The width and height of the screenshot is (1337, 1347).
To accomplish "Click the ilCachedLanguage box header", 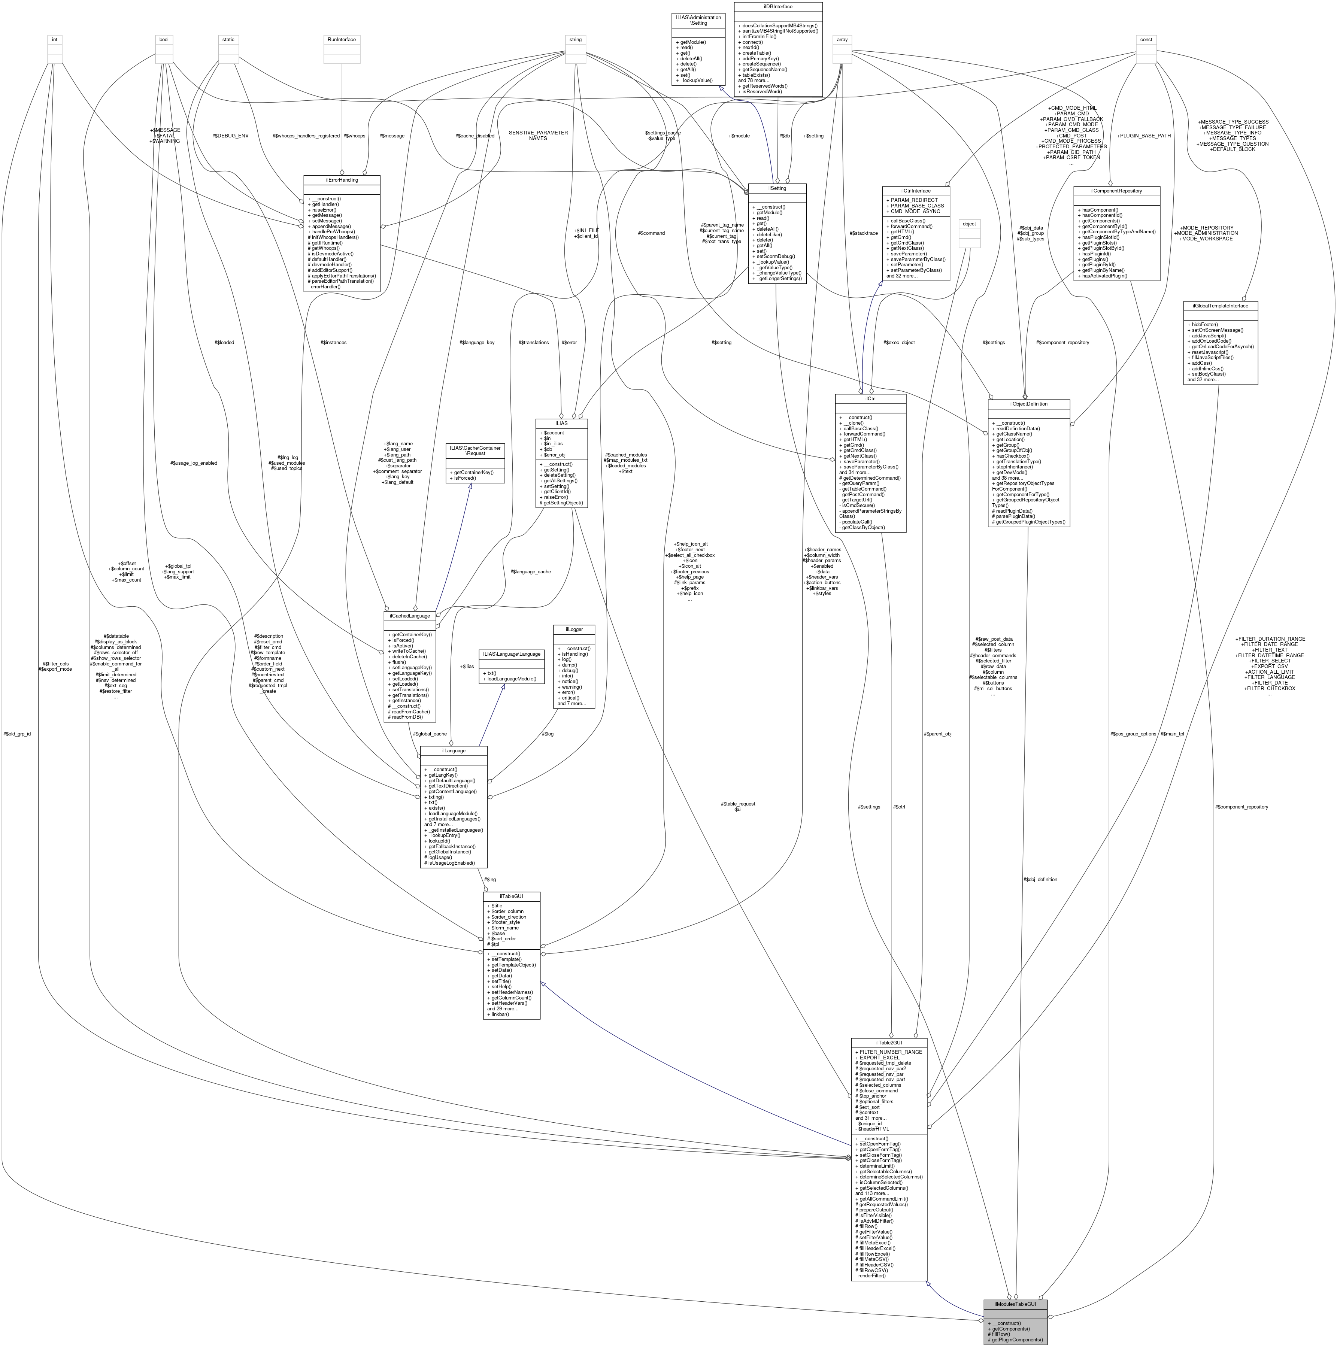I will pos(410,616).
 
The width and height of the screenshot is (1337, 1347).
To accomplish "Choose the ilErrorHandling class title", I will pos(342,180).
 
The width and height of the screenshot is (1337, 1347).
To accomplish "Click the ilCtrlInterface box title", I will pos(916,190).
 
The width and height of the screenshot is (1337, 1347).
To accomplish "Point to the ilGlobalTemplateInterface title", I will pos(1221,305).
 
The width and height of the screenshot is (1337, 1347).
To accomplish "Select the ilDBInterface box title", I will pos(777,6).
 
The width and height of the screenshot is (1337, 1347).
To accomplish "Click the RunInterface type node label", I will pos(342,40).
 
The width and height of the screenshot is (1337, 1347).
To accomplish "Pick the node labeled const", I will pos(1146,40).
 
